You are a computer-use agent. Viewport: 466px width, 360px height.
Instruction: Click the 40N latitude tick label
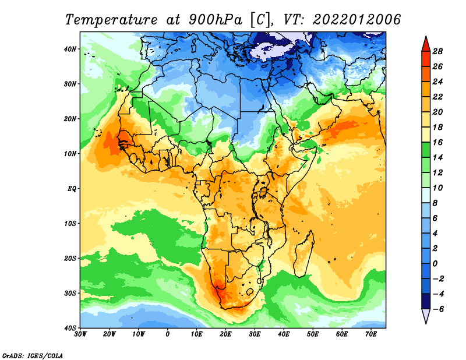(x=70, y=49)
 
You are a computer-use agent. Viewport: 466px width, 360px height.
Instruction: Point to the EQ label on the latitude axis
(x=72, y=189)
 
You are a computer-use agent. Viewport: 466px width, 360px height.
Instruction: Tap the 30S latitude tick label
(x=70, y=294)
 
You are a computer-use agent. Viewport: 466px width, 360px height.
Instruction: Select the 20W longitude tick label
(x=109, y=334)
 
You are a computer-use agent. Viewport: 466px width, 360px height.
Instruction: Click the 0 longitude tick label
(x=168, y=334)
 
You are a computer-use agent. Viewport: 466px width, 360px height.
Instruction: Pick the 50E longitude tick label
(x=313, y=334)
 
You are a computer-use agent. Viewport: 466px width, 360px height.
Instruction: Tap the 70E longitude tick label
(x=370, y=334)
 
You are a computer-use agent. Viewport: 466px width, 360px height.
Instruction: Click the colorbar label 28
(x=437, y=51)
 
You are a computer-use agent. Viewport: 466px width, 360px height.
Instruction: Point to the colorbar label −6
(x=437, y=309)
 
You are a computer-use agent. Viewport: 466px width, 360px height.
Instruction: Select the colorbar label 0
(x=435, y=264)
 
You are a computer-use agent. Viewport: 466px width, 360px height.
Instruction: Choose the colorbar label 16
(x=437, y=142)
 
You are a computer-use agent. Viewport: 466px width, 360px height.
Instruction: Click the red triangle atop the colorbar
(x=426, y=44)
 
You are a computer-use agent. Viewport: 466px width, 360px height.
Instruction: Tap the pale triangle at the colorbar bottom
(x=426, y=316)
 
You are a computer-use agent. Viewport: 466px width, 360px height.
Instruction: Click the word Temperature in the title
(x=111, y=20)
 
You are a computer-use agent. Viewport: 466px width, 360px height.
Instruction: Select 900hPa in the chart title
(x=216, y=20)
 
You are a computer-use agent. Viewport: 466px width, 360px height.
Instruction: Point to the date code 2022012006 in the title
(x=357, y=20)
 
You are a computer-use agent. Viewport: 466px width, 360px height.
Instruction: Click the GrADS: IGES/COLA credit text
(x=33, y=355)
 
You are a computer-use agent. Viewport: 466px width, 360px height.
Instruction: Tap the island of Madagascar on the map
(x=304, y=254)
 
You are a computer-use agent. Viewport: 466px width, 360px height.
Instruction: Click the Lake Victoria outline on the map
(x=263, y=192)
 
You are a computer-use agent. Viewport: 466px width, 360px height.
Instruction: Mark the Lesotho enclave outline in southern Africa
(x=249, y=291)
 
